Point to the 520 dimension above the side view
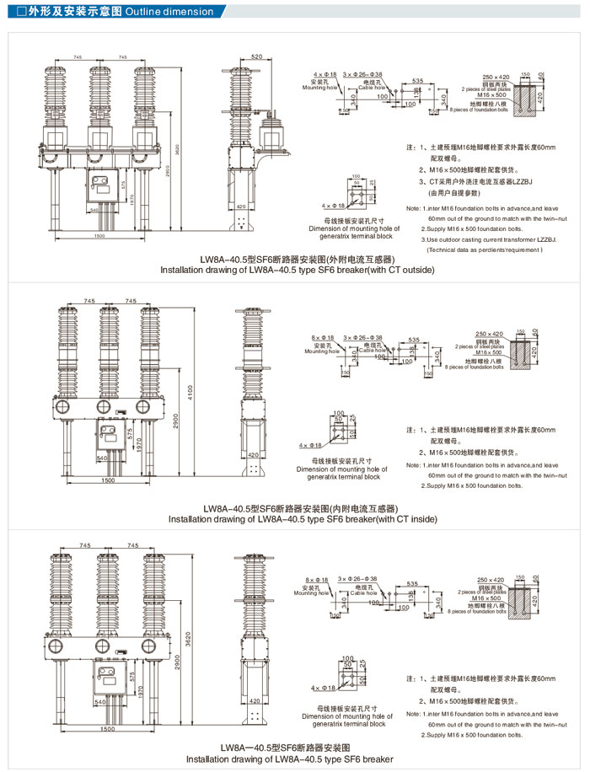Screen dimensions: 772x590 pos(255,56)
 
